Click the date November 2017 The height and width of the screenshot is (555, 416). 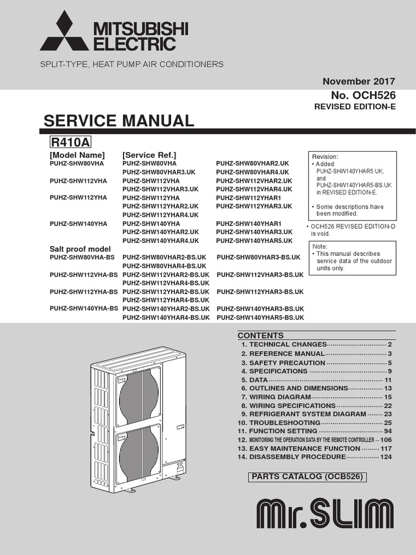point(359,81)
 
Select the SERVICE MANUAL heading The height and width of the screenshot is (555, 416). point(119,120)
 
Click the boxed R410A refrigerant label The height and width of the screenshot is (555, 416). point(70,143)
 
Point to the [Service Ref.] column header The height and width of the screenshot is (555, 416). point(149,155)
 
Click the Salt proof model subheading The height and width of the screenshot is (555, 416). point(80,249)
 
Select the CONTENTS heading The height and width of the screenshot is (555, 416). point(261,335)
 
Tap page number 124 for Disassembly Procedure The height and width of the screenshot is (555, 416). point(386,457)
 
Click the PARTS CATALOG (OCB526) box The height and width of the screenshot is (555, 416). point(306,477)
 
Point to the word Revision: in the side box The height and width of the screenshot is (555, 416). point(325,157)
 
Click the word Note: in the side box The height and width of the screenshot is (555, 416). point(320,246)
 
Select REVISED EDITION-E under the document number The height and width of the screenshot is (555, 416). point(355,107)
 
